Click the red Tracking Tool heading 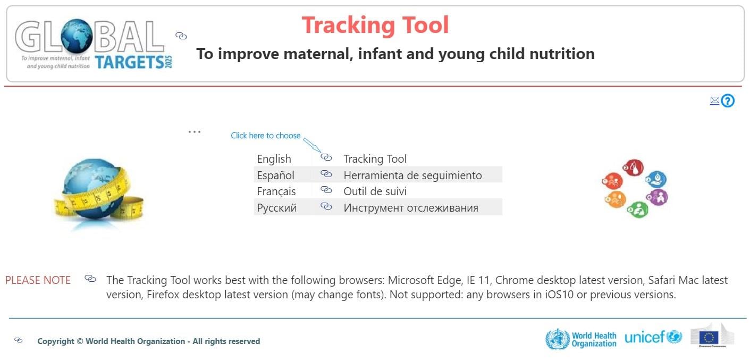[375, 25]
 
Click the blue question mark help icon [728, 101]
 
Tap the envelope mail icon [714, 101]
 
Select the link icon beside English [326, 158]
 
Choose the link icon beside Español [326, 174]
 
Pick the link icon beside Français [326, 190]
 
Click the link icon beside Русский [326, 207]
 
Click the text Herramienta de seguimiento [412, 175]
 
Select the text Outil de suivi [375, 191]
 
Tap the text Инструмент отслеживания [410, 207]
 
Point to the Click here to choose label [265, 136]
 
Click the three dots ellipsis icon [195, 131]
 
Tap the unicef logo [653, 337]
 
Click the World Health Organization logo [581, 339]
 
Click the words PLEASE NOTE [38, 280]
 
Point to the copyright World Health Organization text [148, 341]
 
